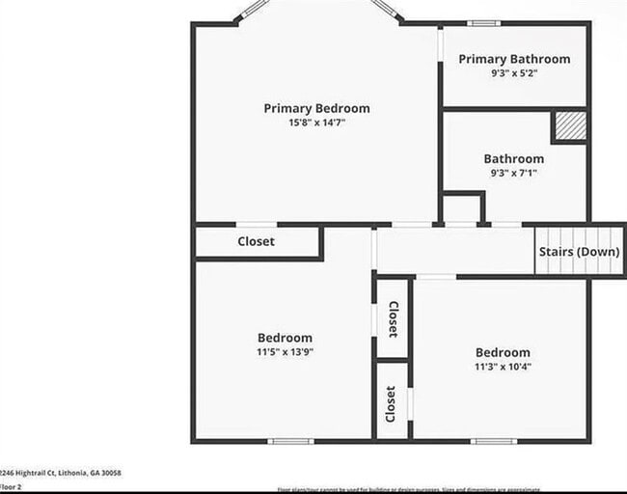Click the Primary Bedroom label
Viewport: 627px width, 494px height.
[316, 108]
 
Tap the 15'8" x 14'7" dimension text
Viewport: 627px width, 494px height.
[316, 123]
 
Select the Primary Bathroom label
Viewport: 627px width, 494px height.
[513, 59]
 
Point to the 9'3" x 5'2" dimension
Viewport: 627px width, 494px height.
[513, 73]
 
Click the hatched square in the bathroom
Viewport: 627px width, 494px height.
[568, 126]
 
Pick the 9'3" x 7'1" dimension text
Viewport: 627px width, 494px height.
[513, 173]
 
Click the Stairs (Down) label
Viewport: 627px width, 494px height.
[579, 252]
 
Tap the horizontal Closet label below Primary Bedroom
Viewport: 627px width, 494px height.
[256, 241]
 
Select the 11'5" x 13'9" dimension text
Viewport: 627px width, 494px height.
[285, 352]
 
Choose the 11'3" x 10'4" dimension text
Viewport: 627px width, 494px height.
[502, 367]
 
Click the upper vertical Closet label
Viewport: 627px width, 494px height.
[393, 318]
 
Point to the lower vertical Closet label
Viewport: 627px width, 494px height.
[391, 404]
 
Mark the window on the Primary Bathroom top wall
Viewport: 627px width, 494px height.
[482, 22]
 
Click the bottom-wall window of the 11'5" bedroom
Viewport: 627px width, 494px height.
[290, 441]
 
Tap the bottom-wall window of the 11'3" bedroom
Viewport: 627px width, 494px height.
[495, 441]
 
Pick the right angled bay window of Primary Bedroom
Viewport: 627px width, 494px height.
[386, 11]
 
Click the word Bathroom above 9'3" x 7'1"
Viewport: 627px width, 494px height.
[513, 158]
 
